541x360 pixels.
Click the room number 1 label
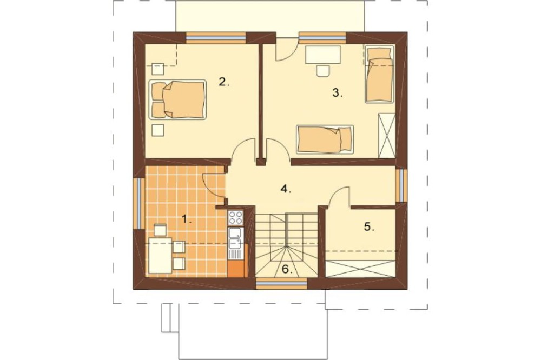click(186, 218)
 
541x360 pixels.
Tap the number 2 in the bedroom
click(224, 82)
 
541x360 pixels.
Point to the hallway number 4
click(286, 189)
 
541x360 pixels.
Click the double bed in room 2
click(177, 99)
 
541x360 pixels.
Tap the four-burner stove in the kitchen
click(236, 218)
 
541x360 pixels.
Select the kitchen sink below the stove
click(236, 238)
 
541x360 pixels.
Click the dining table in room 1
click(161, 255)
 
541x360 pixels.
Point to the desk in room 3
click(323, 55)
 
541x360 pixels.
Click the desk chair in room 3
click(323, 70)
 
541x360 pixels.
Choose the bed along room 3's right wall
click(379, 74)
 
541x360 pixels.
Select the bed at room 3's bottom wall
click(325, 139)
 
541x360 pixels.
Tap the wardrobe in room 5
click(360, 269)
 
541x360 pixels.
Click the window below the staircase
click(281, 283)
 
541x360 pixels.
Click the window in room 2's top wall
click(216, 38)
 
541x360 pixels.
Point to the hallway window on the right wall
click(401, 185)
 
